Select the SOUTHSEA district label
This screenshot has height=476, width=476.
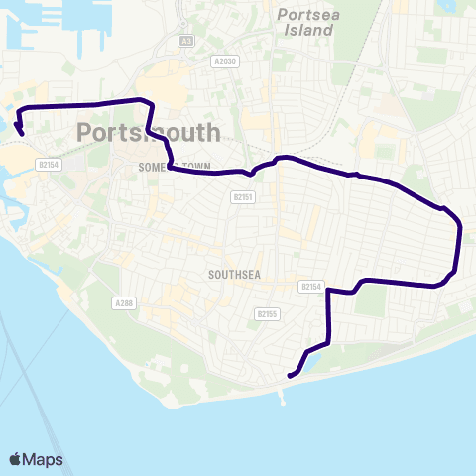pos(234,275)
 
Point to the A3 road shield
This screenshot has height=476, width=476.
pos(187,42)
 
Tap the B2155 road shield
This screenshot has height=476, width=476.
pos(265,313)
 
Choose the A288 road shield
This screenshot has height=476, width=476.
pos(123,302)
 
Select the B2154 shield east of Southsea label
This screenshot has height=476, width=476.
pos(312,286)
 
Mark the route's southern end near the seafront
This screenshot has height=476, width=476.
pos(289,376)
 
